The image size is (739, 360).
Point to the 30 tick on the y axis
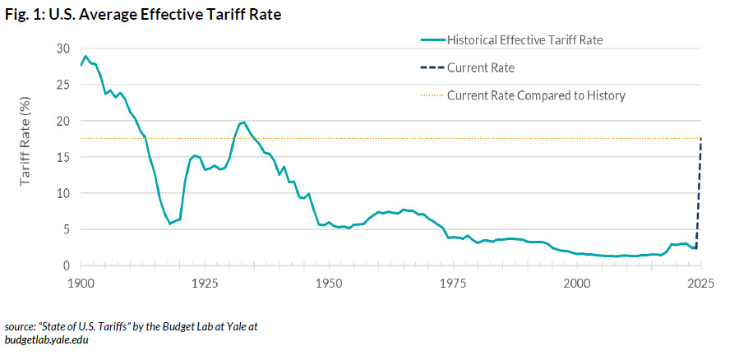[64, 48]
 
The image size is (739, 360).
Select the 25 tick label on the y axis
[64, 85]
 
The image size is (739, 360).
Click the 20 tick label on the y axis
[64, 121]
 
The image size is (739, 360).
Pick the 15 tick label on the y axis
[64, 157]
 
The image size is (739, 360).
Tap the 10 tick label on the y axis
[64, 193]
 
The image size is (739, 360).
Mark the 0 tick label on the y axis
[67, 265]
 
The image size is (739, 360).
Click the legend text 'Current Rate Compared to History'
[536, 95]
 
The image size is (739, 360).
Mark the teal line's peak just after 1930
[243, 122]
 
